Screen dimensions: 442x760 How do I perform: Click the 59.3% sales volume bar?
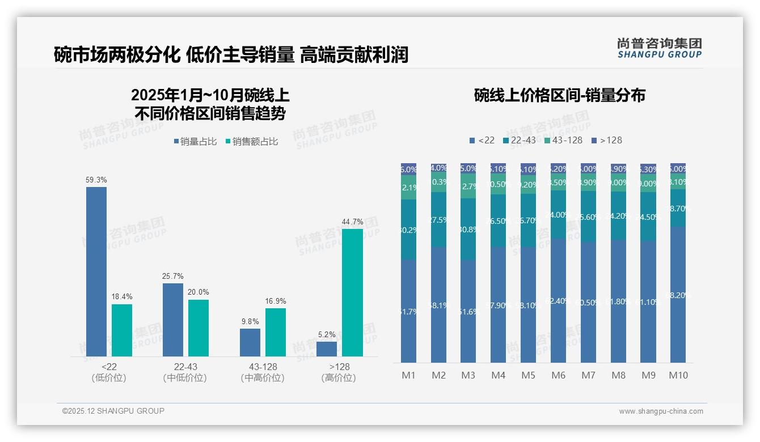coord(96,271)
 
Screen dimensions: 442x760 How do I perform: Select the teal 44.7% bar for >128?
coord(352,292)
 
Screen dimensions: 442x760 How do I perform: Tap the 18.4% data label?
coord(121,297)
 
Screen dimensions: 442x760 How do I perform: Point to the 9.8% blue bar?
coord(250,342)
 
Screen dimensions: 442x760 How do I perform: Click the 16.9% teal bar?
coord(276,332)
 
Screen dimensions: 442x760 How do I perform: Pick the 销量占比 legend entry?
coord(195,142)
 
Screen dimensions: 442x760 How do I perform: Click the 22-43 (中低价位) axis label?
coord(185,372)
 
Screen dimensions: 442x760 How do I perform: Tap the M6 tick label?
coord(559,375)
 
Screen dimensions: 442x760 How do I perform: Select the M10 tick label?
coord(678,375)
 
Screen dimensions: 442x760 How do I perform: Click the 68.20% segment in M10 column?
coord(678,295)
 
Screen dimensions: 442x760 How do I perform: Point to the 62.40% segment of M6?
coord(559,300)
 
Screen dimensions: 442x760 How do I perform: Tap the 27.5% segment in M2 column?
coord(439,220)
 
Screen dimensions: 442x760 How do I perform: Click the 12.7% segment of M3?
coord(468,186)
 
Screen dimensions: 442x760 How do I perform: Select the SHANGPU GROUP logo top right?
coord(659,48)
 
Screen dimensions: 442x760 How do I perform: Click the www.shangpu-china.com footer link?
coord(661,411)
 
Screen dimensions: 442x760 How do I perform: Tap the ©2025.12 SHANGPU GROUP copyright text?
coord(113,411)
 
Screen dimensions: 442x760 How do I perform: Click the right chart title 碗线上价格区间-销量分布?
coord(559,95)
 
